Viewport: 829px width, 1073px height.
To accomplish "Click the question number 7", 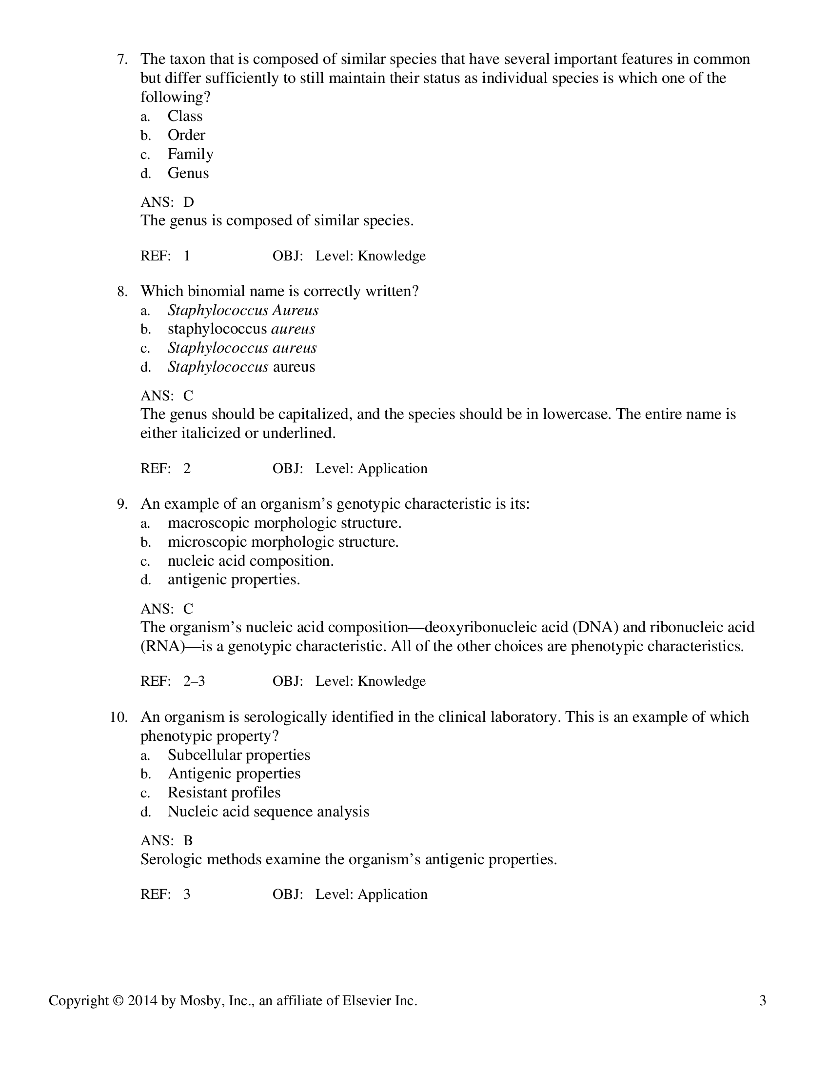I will pyautogui.click(x=122, y=60).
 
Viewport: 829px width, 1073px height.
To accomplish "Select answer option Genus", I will pyautogui.click(x=188, y=173).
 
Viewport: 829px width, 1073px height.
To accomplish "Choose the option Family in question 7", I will pyautogui.click(x=190, y=154).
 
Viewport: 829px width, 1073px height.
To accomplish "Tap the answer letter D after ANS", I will pyautogui.click(x=189, y=202).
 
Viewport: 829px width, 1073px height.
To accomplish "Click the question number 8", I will pyautogui.click(x=122, y=292).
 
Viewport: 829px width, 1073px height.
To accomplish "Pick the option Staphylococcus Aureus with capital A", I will pyautogui.click(x=243, y=311).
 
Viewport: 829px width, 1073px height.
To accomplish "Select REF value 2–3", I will pyautogui.click(x=194, y=681).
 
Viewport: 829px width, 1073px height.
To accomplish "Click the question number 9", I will pyautogui.click(x=122, y=505).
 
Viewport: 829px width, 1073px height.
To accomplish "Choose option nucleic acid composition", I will pyautogui.click(x=251, y=561).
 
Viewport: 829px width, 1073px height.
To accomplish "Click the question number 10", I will pyautogui.click(x=118, y=717).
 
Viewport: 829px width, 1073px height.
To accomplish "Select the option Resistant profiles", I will pyautogui.click(x=224, y=793).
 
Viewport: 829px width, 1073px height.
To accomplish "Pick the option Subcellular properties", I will pyautogui.click(x=238, y=755).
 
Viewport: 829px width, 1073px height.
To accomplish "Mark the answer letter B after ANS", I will pyautogui.click(x=188, y=841).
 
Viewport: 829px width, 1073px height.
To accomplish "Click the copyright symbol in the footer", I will pyautogui.click(x=118, y=1001).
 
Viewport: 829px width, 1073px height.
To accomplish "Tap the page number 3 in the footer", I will pyautogui.click(x=762, y=1001).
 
